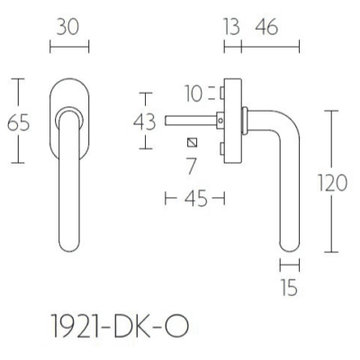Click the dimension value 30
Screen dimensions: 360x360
(x=67, y=27)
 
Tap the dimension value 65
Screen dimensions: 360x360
(x=18, y=122)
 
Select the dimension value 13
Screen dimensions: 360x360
(x=232, y=27)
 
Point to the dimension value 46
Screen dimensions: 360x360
(x=266, y=27)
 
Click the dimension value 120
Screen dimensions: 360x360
(x=333, y=183)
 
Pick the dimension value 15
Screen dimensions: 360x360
(x=290, y=287)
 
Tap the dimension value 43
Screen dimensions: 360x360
(x=145, y=122)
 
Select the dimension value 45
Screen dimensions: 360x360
(x=196, y=198)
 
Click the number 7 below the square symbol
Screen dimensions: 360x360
(x=191, y=166)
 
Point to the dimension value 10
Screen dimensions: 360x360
(x=193, y=94)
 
